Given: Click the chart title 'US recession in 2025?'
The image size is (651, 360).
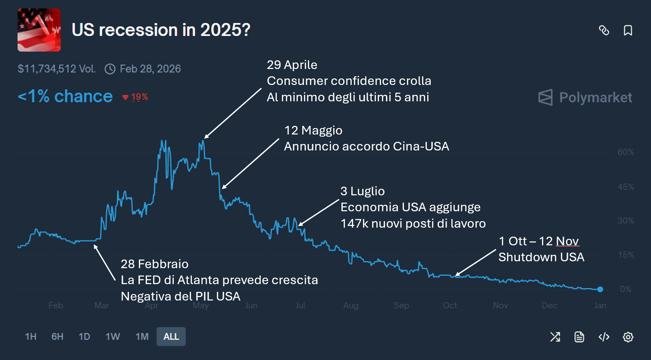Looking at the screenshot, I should [161, 30].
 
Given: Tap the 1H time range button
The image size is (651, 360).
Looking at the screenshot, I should [31, 337].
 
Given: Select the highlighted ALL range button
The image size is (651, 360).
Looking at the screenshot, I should [171, 337].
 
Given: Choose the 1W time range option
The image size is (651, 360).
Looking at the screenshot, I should [113, 337].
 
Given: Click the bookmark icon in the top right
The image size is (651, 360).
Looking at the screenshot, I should [628, 31].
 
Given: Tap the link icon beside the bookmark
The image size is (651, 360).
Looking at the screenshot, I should [604, 31].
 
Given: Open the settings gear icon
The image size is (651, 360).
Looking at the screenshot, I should [628, 337].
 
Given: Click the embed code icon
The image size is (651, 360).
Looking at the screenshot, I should [604, 337].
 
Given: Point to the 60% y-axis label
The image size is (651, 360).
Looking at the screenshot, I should [626, 152].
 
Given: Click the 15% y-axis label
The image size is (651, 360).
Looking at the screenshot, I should [626, 255].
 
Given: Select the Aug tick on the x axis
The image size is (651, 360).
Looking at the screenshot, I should [351, 306].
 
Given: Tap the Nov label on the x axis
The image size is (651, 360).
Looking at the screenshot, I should [500, 306].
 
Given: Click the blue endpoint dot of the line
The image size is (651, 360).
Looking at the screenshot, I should [600, 289].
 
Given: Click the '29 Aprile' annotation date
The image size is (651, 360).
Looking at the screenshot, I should [292, 65].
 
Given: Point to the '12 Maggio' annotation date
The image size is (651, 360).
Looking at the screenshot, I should [313, 131].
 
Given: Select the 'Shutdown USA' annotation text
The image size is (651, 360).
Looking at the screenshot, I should [541, 257].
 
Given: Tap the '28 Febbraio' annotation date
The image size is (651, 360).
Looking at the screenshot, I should [154, 264].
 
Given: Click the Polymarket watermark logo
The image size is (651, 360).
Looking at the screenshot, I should [585, 97].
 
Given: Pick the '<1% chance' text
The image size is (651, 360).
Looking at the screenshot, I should [65, 97].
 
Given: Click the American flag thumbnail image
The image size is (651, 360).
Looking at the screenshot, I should [39, 30].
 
